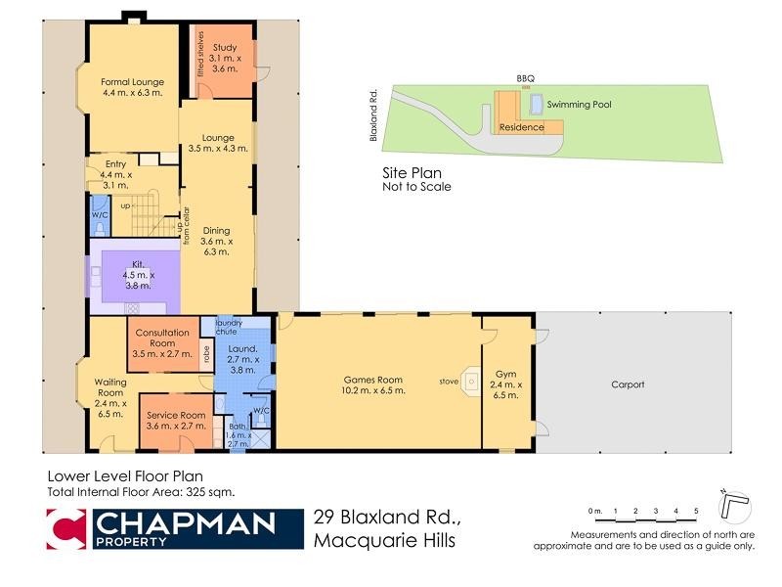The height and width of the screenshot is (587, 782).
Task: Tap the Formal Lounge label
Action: pyautogui.click(x=132, y=81)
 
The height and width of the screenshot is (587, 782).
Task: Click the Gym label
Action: pyautogui.click(x=505, y=374)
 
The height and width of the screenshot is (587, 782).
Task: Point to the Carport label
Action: pyautogui.click(x=628, y=384)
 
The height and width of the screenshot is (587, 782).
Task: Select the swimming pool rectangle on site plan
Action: pyautogui.click(x=537, y=103)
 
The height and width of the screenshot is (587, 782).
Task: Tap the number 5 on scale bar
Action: pyautogui.click(x=695, y=511)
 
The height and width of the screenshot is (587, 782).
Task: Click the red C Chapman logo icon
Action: pyautogui.click(x=66, y=531)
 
